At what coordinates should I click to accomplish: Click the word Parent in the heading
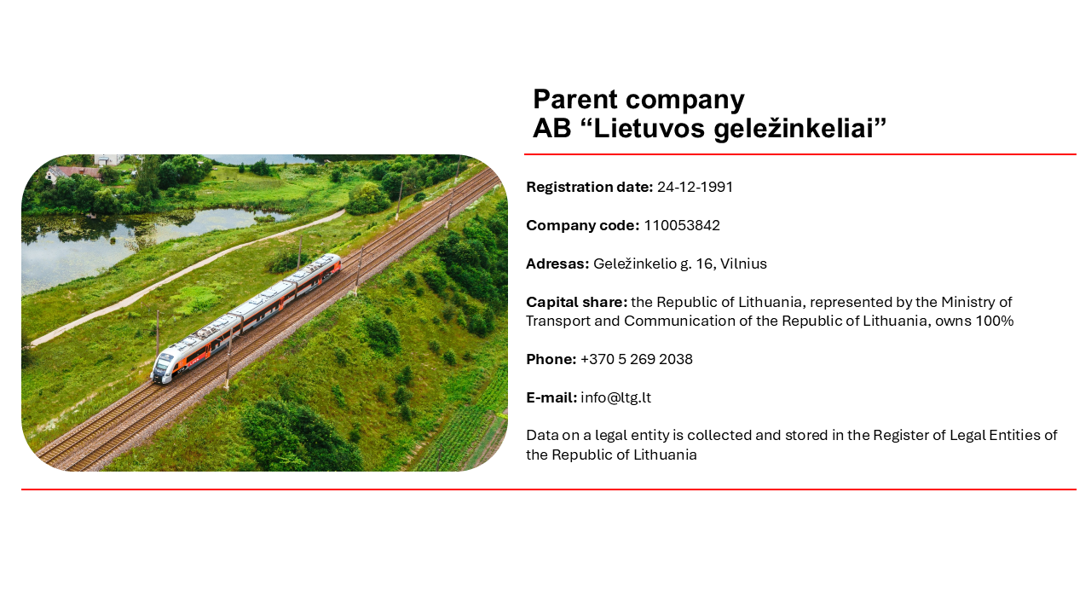(575, 100)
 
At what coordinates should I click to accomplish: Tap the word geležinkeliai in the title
(799, 130)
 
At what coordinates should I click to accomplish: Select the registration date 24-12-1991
(695, 187)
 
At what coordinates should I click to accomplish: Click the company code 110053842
(682, 226)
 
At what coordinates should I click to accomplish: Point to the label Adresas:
(557, 264)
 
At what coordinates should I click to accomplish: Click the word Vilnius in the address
(743, 264)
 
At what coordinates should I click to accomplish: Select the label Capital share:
(577, 303)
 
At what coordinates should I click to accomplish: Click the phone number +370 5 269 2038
(636, 360)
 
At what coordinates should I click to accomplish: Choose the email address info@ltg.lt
(615, 398)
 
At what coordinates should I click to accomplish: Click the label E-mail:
(551, 398)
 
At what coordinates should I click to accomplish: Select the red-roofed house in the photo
(74, 173)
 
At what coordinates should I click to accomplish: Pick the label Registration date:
(589, 187)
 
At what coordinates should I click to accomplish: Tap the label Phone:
(551, 360)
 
